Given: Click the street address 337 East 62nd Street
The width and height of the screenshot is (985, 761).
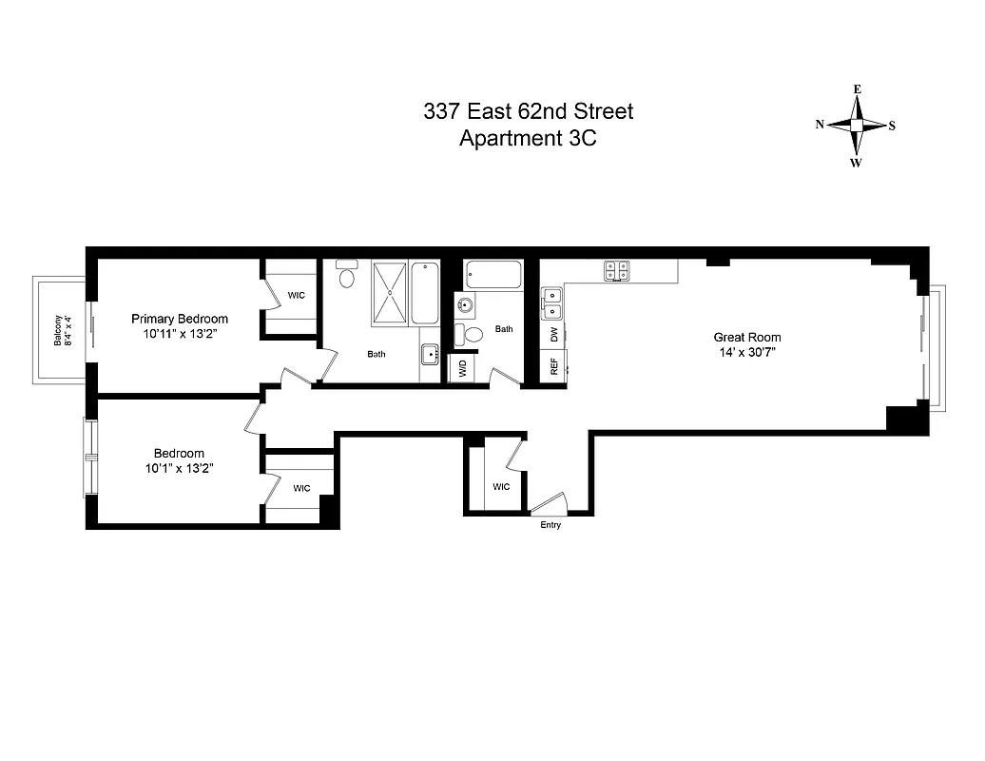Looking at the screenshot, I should click(x=528, y=111).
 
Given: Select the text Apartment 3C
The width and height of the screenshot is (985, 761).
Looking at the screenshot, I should click(x=528, y=138).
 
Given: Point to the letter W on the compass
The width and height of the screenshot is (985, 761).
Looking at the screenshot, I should click(x=856, y=163).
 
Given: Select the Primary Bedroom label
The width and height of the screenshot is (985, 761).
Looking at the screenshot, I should click(x=180, y=319).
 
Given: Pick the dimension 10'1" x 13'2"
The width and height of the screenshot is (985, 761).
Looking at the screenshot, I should click(x=180, y=468).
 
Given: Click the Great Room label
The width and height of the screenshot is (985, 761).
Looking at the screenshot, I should click(x=747, y=337).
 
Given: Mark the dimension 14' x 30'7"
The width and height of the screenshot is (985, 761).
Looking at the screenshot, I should click(x=747, y=352).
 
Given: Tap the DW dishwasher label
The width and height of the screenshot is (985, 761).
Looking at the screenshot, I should click(x=553, y=334).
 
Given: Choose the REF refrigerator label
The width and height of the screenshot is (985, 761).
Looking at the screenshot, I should click(x=553, y=366).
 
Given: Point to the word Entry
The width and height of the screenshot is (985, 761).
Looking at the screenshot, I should click(x=550, y=525).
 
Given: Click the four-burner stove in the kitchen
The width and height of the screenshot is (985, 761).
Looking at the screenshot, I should click(x=616, y=271).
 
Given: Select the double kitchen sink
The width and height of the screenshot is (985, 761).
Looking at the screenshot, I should click(x=551, y=303).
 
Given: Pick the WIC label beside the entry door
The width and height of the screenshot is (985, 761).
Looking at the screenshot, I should click(x=501, y=487).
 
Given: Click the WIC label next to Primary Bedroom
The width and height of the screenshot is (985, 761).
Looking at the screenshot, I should click(x=297, y=295).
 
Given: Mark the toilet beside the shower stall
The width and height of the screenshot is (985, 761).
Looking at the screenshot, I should click(x=347, y=276).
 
